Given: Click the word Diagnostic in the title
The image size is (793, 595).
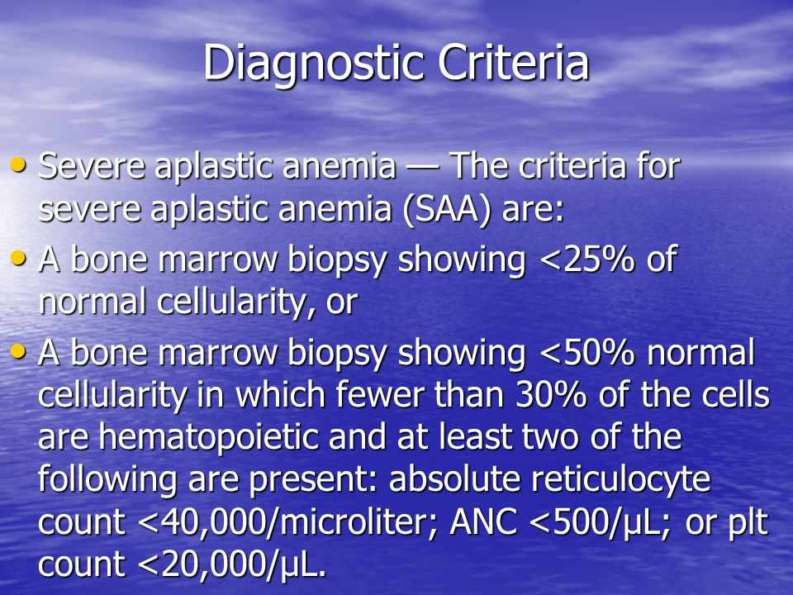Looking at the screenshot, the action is pyautogui.click(x=314, y=64).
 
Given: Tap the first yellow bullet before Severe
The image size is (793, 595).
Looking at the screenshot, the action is pyautogui.click(x=18, y=164).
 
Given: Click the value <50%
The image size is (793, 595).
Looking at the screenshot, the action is pyautogui.click(x=586, y=352).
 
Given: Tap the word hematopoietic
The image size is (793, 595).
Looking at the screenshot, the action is pyautogui.click(x=209, y=438).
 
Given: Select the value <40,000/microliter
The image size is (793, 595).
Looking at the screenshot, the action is pyautogui.click(x=287, y=522).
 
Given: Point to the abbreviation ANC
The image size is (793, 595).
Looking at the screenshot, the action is pyautogui.click(x=483, y=521).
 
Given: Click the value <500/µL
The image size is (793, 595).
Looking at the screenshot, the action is pyautogui.click(x=601, y=522).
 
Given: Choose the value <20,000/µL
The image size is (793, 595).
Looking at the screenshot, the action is pyautogui.click(x=232, y=565).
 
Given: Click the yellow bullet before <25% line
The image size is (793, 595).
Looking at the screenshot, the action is pyautogui.click(x=18, y=258).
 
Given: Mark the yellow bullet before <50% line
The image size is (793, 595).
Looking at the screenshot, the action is pyautogui.click(x=18, y=351).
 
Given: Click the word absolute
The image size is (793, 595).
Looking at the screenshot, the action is pyautogui.click(x=454, y=479).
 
